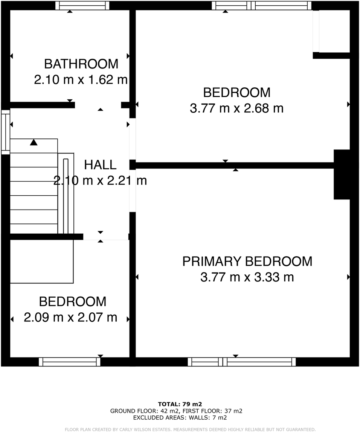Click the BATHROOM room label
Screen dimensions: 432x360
[81, 64]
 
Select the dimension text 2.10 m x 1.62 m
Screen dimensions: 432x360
[81, 80]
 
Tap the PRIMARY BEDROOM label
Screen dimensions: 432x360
[247, 261]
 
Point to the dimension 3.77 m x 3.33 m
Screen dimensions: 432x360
[247, 277]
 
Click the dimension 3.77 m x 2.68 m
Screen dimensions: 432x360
[236, 108]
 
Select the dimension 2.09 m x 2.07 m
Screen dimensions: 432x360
[70, 317]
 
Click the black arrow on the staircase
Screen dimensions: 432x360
[34, 142]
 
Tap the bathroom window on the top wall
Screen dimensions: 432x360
[82, 6]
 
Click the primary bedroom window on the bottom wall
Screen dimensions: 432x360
[242, 362]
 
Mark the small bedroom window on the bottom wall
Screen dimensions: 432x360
[70, 362]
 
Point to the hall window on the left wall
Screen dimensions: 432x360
[5, 132]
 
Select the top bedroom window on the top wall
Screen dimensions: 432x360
[261, 6]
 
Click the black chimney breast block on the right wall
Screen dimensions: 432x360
[342, 174]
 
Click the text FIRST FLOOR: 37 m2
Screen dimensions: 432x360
[212, 411]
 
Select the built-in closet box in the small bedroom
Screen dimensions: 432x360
[41, 261]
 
